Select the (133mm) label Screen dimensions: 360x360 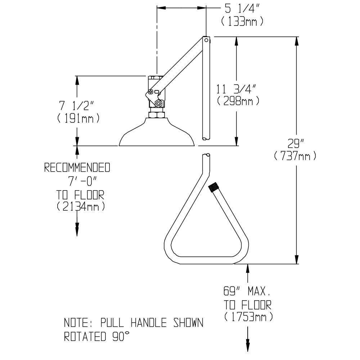click(242, 22)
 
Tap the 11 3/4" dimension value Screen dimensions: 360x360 click(235, 89)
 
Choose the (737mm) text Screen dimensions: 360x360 click(295, 156)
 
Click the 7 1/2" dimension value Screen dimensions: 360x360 click(77, 106)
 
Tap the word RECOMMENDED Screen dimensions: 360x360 click(77, 168)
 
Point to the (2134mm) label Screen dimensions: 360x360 click(81, 206)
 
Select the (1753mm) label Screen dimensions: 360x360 click(248, 317)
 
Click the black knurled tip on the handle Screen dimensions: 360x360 click(214, 187)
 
